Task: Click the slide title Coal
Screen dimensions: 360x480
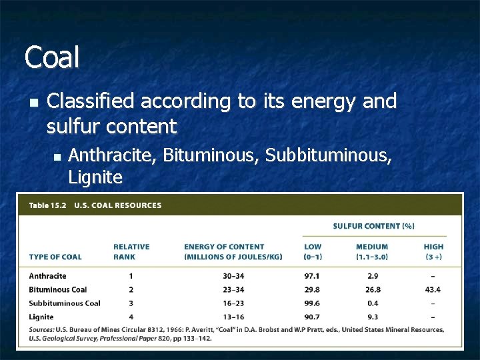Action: pyautogui.click(x=52, y=57)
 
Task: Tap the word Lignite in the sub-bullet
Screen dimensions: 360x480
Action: pyautogui.click(x=95, y=177)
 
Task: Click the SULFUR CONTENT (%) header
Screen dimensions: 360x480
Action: pyautogui.click(x=373, y=226)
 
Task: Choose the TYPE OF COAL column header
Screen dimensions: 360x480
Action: pyautogui.click(x=55, y=257)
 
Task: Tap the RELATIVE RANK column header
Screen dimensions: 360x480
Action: pyautogui.click(x=131, y=251)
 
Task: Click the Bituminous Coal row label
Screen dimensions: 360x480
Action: pyautogui.click(x=58, y=289)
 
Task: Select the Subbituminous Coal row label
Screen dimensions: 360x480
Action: pyautogui.click(x=65, y=303)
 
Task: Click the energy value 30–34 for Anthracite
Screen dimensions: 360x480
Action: pyautogui.click(x=233, y=276)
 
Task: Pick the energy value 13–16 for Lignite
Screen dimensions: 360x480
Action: pyautogui.click(x=233, y=317)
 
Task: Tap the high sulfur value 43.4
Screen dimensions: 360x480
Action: pyautogui.click(x=433, y=289)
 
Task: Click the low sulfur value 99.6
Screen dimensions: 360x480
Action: pyautogui.click(x=312, y=303)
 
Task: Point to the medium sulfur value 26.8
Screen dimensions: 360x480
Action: pyautogui.click(x=372, y=289)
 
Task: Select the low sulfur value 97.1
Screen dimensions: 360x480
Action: pyautogui.click(x=312, y=276)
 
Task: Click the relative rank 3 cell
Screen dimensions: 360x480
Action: pyautogui.click(x=131, y=303)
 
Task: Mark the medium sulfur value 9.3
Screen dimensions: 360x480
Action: pyautogui.click(x=372, y=317)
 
